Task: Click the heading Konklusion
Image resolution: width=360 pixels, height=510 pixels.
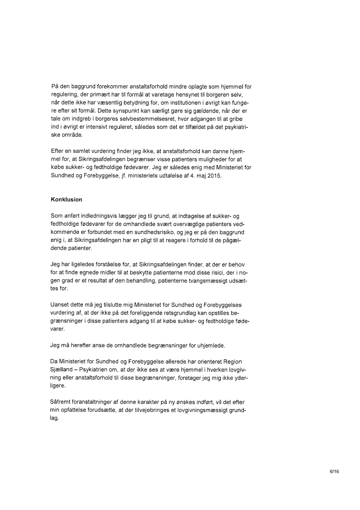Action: pyautogui.click(x=66, y=200)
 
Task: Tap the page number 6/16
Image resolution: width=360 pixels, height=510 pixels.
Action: pyautogui.click(x=334, y=471)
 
